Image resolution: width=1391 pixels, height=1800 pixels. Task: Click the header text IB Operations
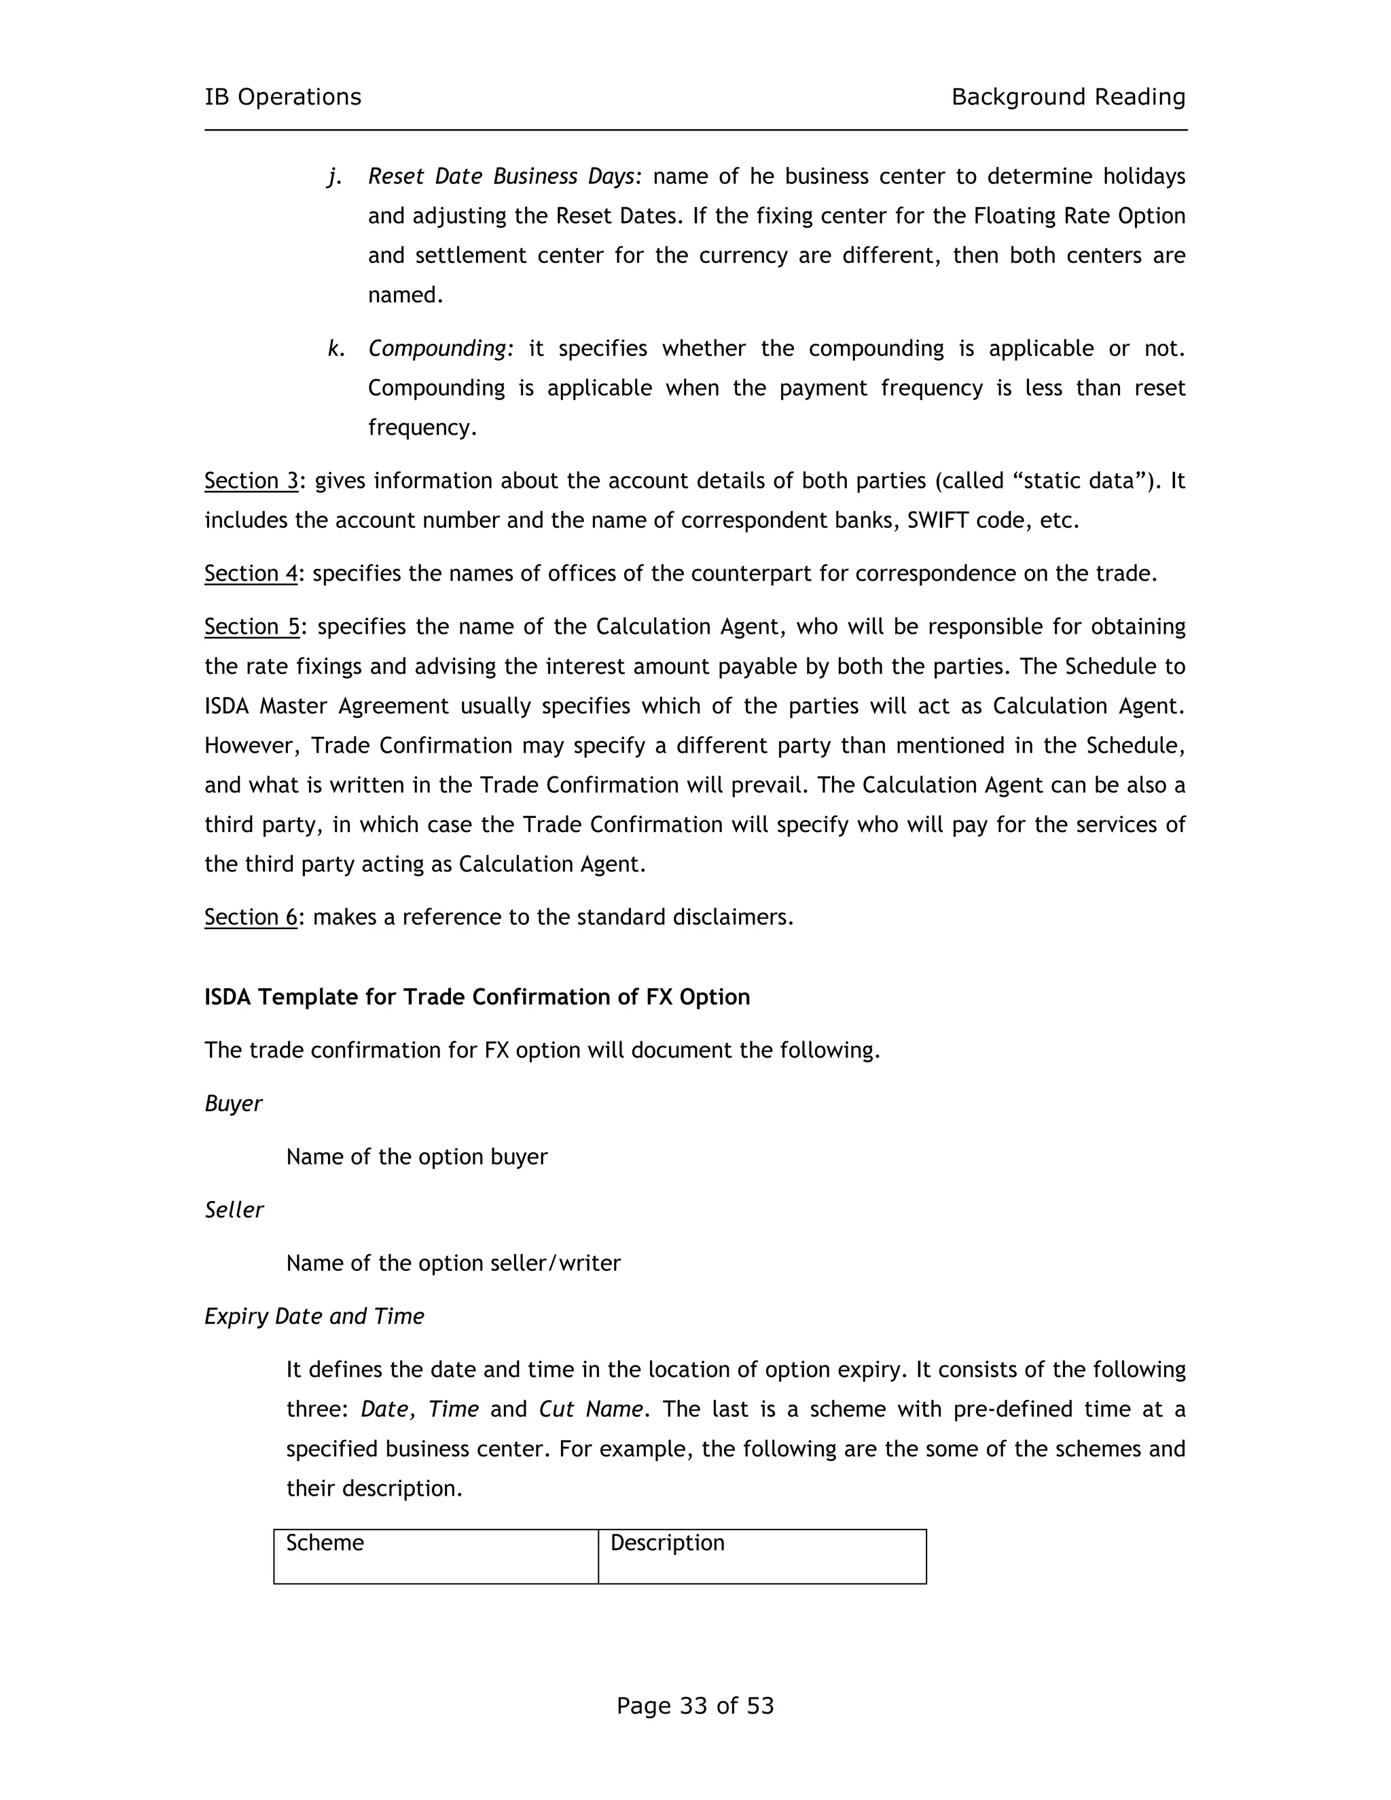[x=283, y=97]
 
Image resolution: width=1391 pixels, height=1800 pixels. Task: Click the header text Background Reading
[x=1068, y=97]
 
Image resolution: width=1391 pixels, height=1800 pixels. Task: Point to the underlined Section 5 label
[x=252, y=626]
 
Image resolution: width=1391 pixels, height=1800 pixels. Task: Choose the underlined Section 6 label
[x=251, y=916]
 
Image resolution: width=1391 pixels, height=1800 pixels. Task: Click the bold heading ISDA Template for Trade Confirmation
[x=476, y=997]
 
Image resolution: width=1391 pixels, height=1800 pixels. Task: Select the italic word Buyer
[x=233, y=1104]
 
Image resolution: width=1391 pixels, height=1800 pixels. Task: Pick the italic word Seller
[x=234, y=1210]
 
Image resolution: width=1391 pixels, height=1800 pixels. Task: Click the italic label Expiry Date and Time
[x=314, y=1316]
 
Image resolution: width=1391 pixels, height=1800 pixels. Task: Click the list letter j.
[x=333, y=177]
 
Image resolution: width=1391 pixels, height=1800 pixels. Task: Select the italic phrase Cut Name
[x=590, y=1409]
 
